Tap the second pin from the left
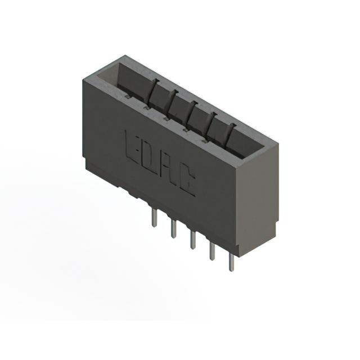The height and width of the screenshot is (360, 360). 173,228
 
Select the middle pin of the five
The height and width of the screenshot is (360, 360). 192,238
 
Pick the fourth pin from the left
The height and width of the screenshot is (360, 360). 212,250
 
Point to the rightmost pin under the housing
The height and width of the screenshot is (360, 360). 231,262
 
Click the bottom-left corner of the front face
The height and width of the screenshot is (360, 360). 85,160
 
